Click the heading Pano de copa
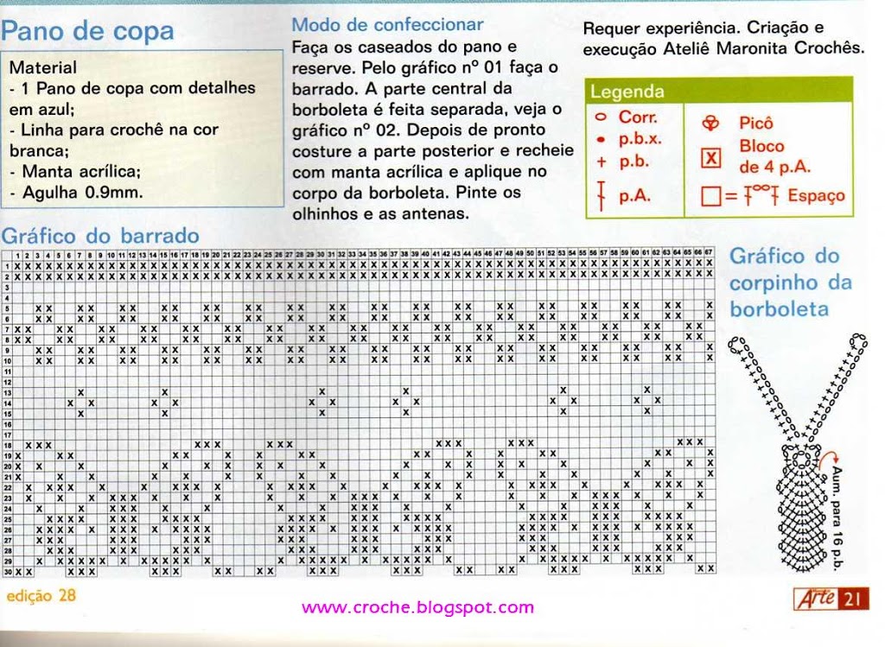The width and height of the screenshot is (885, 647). [87, 33]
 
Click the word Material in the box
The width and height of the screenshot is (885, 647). [42, 67]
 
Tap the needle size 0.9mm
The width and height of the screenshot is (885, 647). [112, 193]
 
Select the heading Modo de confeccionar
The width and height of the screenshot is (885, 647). [387, 25]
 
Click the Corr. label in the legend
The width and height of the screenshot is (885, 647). [638, 117]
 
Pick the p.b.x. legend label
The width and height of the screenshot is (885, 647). [640, 138]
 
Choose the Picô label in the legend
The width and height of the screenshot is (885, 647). [755, 124]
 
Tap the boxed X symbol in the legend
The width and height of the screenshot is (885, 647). [710, 158]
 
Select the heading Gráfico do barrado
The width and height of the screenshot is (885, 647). [100, 236]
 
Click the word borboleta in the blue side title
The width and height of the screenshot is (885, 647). [779, 309]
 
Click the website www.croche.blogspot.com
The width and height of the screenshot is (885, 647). [417, 607]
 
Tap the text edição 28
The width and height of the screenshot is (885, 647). [41, 596]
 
